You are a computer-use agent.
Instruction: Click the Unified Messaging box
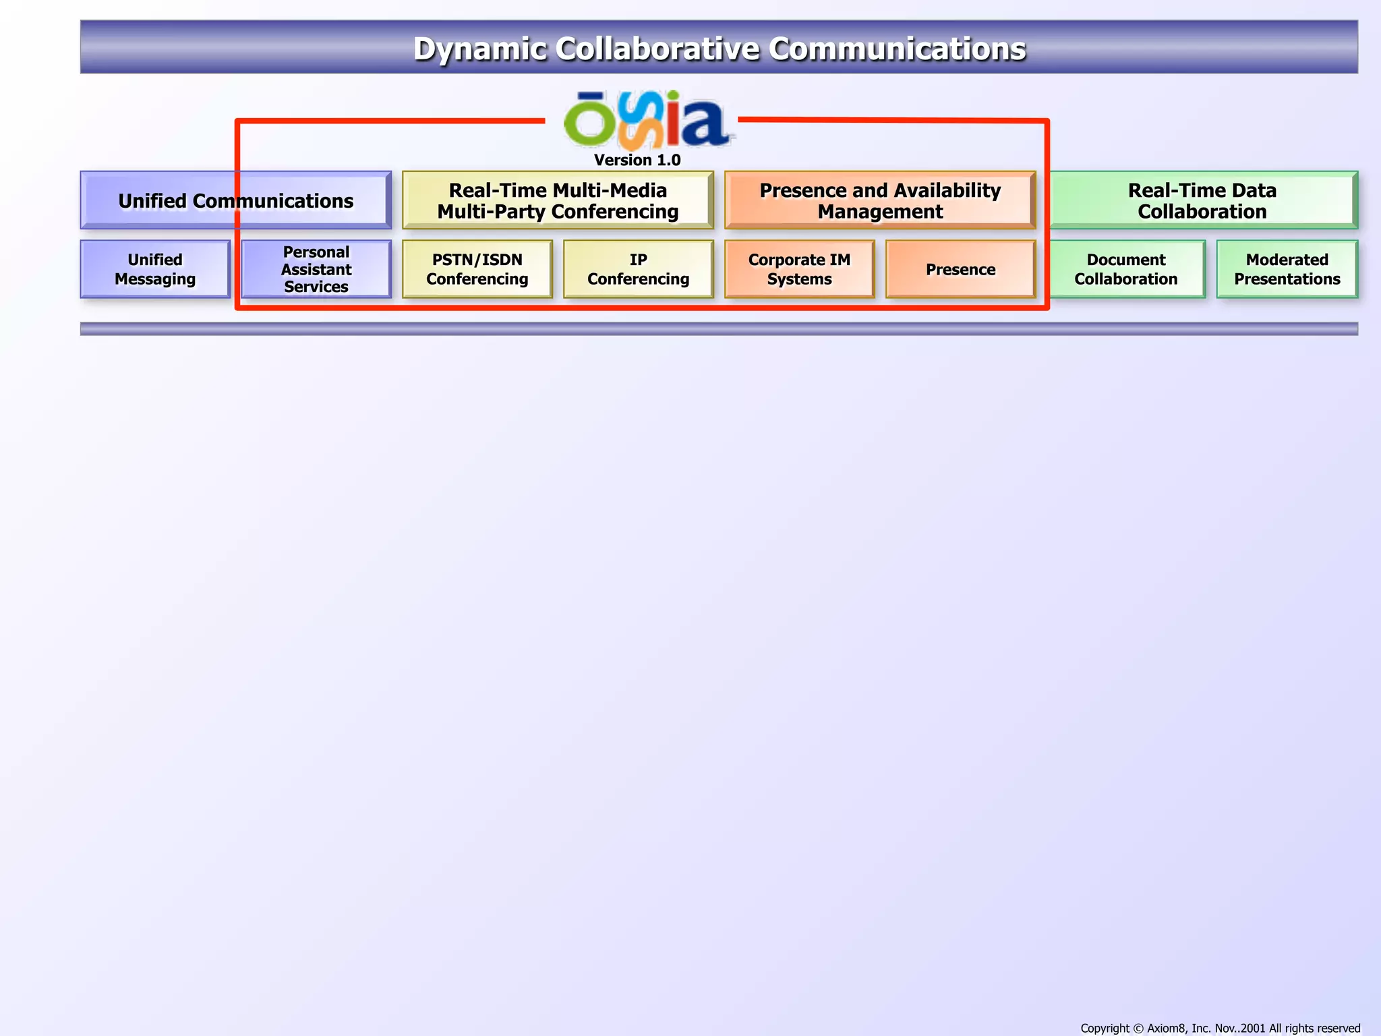coord(155,269)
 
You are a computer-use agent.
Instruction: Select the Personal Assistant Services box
coord(316,269)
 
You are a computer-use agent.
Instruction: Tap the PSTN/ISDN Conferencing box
coord(477,269)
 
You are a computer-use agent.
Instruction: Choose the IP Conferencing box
coord(638,269)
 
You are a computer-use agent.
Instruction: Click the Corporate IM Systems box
coord(799,269)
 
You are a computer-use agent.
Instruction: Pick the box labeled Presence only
coord(960,269)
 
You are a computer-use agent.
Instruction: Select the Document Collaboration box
coord(1126,269)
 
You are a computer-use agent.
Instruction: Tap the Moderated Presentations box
coord(1287,269)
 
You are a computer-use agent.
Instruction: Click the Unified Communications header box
coord(235,200)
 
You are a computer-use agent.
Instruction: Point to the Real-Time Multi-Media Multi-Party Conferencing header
coord(558,200)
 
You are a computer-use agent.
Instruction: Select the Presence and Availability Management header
coord(880,200)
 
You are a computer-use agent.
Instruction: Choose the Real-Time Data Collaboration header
coord(1202,200)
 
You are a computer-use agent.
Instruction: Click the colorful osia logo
coord(646,121)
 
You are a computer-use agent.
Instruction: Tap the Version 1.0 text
coord(637,161)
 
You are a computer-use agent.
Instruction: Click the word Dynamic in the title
coord(479,49)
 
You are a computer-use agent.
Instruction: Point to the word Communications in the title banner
coord(897,49)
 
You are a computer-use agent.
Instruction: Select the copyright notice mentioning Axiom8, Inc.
coord(1220,1028)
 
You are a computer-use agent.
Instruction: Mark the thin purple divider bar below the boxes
coord(719,328)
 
